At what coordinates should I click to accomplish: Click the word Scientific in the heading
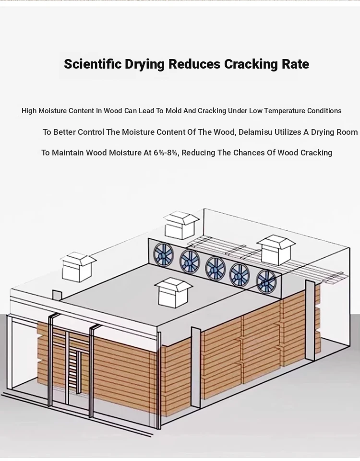[92, 64]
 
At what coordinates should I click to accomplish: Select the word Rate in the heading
[295, 64]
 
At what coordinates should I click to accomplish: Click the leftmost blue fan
[163, 254]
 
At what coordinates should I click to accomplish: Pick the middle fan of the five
[216, 269]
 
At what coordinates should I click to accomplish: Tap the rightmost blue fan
[266, 282]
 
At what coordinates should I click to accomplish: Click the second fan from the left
[190, 261]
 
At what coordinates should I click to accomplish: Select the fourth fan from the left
[240, 275]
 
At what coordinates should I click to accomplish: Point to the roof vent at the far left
[78, 266]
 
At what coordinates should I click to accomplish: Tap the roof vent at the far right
[276, 250]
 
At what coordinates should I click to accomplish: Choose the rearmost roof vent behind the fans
[181, 225]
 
